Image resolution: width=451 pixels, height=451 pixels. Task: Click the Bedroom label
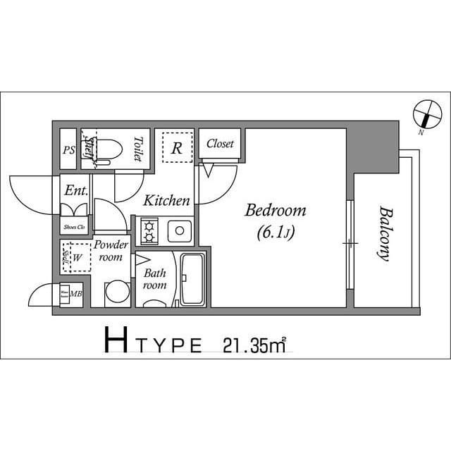(x=276, y=210)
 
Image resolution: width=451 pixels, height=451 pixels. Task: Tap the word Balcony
(x=384, y=233)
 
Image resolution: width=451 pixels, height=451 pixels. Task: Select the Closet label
(x=220, y=144)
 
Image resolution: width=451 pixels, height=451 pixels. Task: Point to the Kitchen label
(x=167, y=201)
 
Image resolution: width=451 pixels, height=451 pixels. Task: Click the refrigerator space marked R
(x=178, y=148)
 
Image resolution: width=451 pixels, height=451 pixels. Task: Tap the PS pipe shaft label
(x=68, y=149)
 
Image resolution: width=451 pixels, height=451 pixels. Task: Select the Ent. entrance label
(x=75, y=190)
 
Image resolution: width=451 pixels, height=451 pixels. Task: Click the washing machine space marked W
(x=77, y=257)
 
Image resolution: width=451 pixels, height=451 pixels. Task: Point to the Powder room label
(x=111, y=251)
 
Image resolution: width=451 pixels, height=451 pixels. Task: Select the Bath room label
(x=154, y=279)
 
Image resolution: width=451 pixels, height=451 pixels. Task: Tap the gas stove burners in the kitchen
(x=150, y=230)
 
